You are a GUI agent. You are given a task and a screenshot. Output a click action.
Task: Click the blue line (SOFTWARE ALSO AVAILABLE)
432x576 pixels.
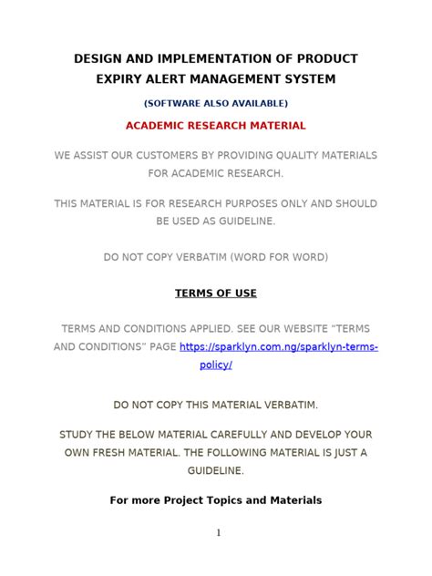[216, 103]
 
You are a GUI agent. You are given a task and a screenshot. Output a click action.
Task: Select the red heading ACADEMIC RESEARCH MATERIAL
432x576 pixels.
[216, 125]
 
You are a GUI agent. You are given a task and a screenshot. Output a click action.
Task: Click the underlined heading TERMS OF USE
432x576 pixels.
[216, 293]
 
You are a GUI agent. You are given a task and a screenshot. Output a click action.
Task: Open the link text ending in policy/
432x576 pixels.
[216, 365]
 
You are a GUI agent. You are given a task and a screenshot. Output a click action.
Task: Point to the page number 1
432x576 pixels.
[218, 534]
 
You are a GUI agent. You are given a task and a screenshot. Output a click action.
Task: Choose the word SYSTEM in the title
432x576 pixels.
[312, 79]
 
